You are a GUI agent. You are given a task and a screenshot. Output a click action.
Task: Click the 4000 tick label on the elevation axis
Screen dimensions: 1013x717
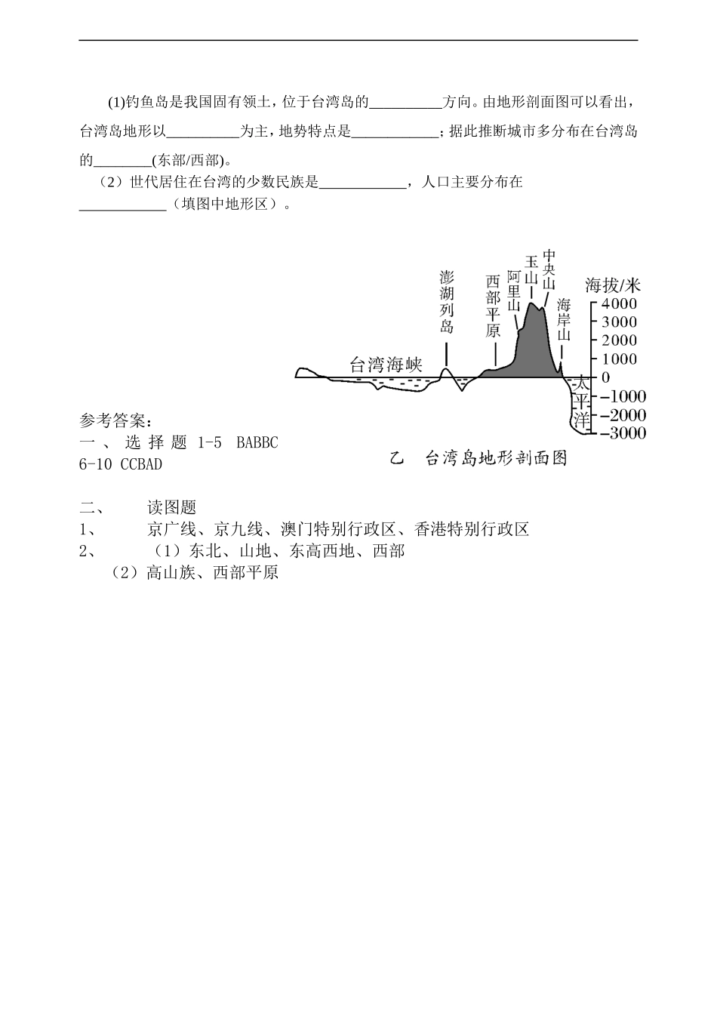619,303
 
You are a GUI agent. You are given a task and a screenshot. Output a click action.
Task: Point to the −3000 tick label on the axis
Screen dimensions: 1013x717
619,433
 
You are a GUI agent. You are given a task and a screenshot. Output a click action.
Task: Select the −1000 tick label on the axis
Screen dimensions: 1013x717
619,396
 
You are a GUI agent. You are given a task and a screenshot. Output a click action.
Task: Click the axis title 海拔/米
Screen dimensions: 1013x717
612,285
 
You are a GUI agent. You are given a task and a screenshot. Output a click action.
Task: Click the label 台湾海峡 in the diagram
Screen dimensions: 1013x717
386,365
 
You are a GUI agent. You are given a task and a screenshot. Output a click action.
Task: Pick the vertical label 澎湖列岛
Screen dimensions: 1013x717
447,301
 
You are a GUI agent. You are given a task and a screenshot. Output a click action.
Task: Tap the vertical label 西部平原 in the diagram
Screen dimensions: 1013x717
493,305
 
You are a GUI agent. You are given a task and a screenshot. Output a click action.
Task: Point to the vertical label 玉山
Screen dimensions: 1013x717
531,269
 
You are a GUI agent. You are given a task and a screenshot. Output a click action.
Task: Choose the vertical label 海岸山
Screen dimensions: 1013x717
564,321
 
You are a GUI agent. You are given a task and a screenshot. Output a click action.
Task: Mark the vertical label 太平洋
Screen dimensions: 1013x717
580,402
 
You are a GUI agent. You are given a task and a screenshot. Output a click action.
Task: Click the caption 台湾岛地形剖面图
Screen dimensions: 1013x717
496,458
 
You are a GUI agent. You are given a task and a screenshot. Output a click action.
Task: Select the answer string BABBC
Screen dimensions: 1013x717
257,443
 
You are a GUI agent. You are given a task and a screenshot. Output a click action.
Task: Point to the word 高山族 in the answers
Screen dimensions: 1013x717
171,573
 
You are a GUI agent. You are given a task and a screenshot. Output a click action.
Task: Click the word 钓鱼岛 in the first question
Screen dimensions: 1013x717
143,102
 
